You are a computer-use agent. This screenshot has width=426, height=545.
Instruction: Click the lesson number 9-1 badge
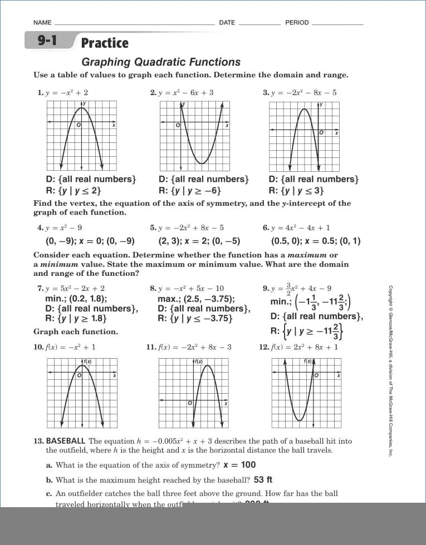pos(47,41)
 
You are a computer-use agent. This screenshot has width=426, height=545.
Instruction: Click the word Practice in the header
pos(105,43)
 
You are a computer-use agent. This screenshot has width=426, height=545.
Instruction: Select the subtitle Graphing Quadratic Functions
pos(161,62)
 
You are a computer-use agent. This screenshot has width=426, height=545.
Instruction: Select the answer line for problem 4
pos(90,241)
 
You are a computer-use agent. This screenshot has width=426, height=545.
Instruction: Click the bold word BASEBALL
pos(66,441)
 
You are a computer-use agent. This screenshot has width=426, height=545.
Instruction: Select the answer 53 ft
pos(263,479)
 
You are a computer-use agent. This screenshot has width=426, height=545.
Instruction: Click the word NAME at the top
pos(42,23)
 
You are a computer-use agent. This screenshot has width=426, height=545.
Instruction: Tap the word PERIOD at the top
pos(297,23)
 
